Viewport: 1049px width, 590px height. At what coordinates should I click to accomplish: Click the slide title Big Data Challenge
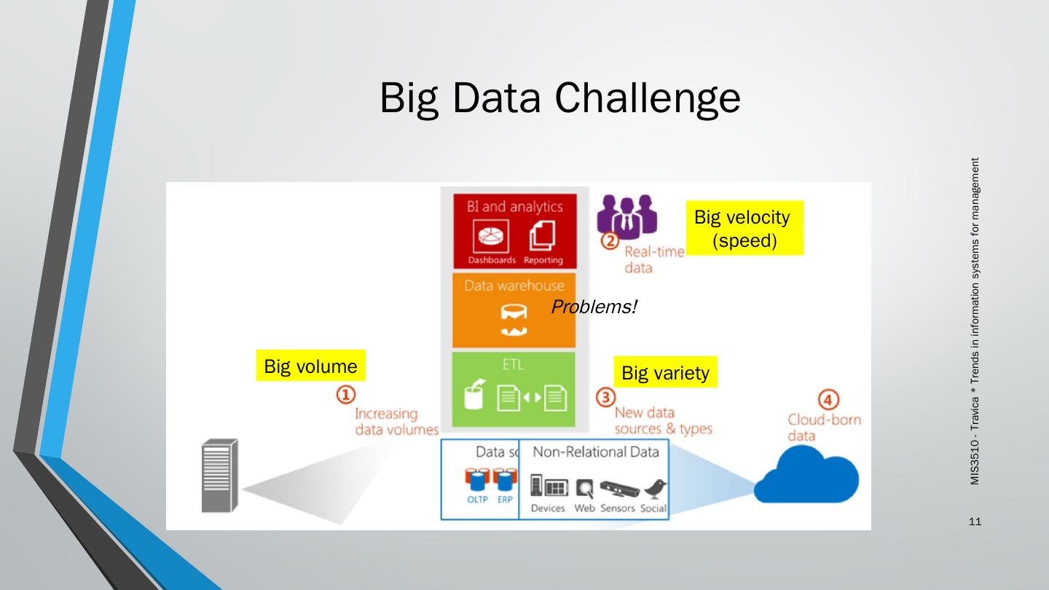coord(559,98)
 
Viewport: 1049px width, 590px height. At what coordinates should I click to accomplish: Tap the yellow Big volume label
coord(310,366)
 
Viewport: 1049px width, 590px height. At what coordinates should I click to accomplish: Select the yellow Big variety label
coord(665,372)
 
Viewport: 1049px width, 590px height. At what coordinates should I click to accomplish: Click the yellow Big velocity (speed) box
coord(744,228)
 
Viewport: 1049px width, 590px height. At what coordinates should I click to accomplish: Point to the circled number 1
coord(345,395)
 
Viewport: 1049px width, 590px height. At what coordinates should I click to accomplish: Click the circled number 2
coord(609,241)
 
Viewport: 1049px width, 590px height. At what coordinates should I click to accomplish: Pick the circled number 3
coord(605,397)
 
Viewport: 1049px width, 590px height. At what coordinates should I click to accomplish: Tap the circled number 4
coord(828,400)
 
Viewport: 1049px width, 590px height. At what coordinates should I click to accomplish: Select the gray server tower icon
coord(219,476)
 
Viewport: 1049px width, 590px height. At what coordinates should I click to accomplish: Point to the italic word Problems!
coord(593,307)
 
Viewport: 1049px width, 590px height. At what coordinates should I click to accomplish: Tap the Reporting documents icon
coord(542,235)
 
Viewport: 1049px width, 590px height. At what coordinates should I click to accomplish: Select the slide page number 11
coord(975,521)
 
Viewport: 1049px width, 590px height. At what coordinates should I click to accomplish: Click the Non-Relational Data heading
coord(595,452)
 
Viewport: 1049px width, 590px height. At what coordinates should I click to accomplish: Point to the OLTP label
coord(478,500)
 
